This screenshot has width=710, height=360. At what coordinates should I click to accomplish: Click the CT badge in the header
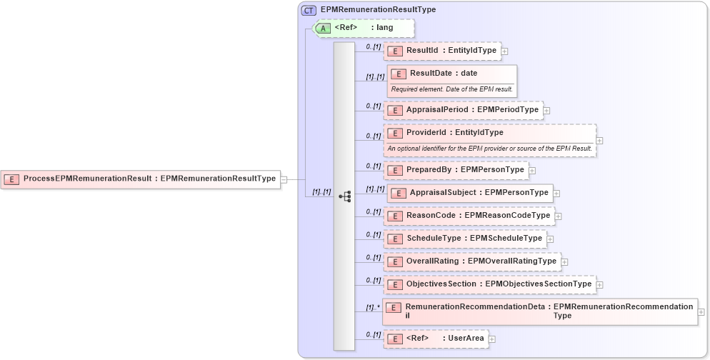(x=309, y=10)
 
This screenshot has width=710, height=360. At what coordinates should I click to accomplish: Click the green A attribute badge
(x=323, y=28)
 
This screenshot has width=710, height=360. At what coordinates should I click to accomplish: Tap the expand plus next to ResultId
(x=505, y=51)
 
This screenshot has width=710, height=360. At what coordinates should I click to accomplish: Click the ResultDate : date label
(x=443, y=73)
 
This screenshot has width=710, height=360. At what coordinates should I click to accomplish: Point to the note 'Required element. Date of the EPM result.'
(x=451, y=89)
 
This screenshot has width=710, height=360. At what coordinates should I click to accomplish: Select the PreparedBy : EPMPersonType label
(x=465, y=170)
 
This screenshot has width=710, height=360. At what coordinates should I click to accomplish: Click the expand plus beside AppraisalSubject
(x=556, y=193)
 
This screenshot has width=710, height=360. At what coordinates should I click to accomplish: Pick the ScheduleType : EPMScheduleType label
(x=474, y=239)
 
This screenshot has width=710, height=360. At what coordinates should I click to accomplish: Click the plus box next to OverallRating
(x=564, y=261)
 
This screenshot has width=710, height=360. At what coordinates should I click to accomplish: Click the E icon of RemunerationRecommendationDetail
(x=394, y=307)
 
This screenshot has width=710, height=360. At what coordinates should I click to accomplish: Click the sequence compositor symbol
(x=344, y=196)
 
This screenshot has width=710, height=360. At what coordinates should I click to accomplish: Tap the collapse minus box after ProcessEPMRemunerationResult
(x=284, y=179)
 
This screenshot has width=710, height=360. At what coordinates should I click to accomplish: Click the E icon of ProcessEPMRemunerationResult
(x=11, y=179)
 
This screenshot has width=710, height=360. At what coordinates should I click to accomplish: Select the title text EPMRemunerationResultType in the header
(x=378, y=10)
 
